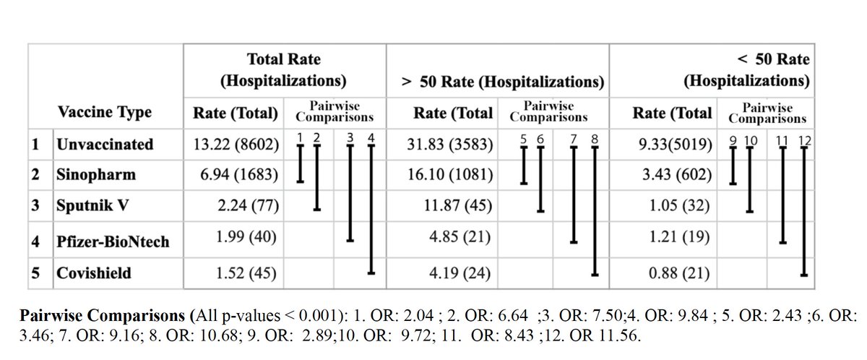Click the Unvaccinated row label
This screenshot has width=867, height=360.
click(105, 144)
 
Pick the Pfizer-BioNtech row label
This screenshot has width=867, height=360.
click(113, 241)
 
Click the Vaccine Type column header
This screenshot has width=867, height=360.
click(105, 112)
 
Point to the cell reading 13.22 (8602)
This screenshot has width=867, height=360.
click(236, 144)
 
